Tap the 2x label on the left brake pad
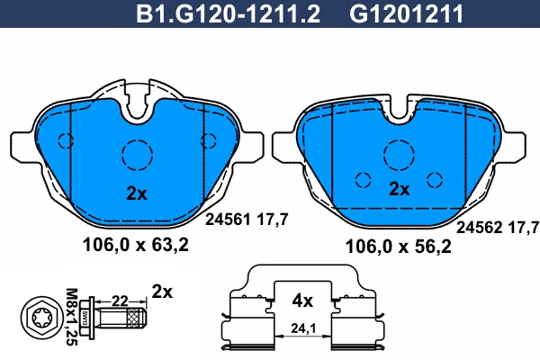coord(135,192)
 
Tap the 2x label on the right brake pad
coord(399,189)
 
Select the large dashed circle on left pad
coord(138,155)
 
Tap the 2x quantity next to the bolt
coord(161,291)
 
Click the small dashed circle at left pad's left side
coord(65,139)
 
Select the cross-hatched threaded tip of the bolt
coord(136,319)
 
